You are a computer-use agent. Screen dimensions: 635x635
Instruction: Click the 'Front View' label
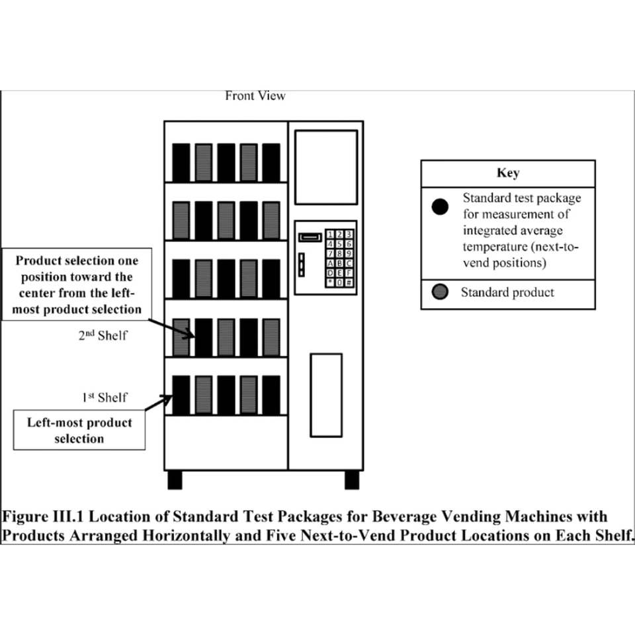255,96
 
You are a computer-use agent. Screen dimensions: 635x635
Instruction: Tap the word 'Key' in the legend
507,173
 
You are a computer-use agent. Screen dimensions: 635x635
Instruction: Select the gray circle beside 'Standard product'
439,292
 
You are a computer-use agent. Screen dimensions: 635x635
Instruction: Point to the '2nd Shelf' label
103,335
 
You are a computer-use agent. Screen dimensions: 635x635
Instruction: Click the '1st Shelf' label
105,398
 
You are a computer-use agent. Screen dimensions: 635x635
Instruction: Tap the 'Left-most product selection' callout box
79,430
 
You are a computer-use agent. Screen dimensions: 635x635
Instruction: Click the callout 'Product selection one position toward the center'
79,284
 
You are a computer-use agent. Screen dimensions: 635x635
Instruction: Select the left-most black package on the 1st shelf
181,395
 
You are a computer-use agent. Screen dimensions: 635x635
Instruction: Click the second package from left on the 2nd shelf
204,337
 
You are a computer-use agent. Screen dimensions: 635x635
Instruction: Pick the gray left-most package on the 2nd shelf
181,337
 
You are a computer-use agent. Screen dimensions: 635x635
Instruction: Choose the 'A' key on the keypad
330,263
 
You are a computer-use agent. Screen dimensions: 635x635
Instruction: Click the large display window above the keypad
325,167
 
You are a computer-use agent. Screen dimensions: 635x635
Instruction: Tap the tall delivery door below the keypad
326,395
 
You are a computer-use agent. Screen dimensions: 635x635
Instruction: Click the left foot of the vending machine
175,480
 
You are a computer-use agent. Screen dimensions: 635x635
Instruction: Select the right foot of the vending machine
352,480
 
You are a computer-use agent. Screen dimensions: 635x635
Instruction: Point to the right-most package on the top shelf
271,162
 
